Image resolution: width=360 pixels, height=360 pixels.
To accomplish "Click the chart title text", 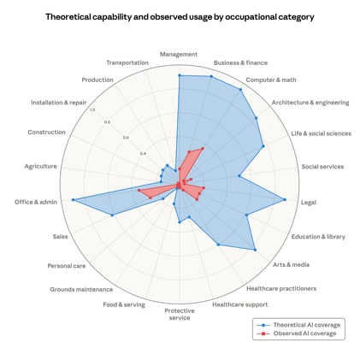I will (180, 16).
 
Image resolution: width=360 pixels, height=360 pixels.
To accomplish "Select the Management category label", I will (180, 55).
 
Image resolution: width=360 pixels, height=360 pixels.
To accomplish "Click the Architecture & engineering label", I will (310, 103).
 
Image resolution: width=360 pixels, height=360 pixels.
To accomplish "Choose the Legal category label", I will (309, 203).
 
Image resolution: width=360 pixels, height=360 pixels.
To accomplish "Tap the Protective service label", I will (180, 314).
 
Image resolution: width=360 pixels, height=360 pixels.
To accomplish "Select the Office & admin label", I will (36, 202).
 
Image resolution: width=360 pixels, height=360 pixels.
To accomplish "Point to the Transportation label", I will (127, 62).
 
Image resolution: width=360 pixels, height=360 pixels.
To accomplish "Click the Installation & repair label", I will (59, 103).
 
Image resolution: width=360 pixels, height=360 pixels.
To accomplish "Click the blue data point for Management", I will (180, 75).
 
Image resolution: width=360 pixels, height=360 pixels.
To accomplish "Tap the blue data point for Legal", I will (285, 200).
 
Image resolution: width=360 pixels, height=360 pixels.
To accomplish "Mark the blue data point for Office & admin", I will (74, 200).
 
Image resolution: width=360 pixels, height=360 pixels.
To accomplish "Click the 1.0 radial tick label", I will (92, 109).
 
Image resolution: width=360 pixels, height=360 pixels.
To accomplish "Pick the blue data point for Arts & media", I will (255, 250).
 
